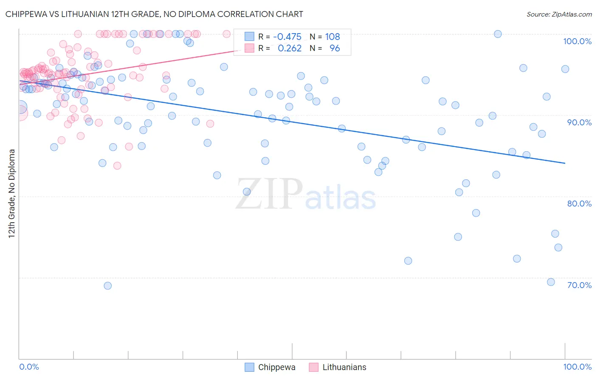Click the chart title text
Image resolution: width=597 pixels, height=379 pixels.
[154, 14]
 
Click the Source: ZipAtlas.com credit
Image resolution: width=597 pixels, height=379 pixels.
[559, 14]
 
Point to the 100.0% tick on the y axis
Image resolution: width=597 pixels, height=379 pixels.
[577, 41]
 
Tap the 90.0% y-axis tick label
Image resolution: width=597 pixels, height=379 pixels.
[579, 122]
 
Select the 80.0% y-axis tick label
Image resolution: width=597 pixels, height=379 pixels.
[579, 204]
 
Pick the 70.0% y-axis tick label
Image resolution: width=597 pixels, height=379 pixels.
[579, 285]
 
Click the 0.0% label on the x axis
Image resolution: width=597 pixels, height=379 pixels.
[29, 367]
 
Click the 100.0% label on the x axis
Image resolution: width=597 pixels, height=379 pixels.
[577, 367]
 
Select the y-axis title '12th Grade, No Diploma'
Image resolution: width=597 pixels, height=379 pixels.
[12, 193]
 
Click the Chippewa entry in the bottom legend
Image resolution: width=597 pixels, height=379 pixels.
[276, 367]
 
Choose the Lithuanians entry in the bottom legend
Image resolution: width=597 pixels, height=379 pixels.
[344, 367]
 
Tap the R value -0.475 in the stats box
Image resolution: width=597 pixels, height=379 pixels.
[287, 37]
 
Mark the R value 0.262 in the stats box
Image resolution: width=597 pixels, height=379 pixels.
[290, 48]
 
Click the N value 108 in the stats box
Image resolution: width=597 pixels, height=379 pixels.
[332, 37]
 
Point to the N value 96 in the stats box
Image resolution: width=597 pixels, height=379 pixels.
[335, 48]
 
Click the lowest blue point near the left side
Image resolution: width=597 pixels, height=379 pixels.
[108, 286]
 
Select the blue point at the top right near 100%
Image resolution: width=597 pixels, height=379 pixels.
[498, 34]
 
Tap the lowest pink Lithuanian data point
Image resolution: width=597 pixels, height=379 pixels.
[117, 166]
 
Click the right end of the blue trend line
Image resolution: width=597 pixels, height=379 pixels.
[565, 163]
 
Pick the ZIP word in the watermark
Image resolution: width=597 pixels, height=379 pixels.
[269, 194]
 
